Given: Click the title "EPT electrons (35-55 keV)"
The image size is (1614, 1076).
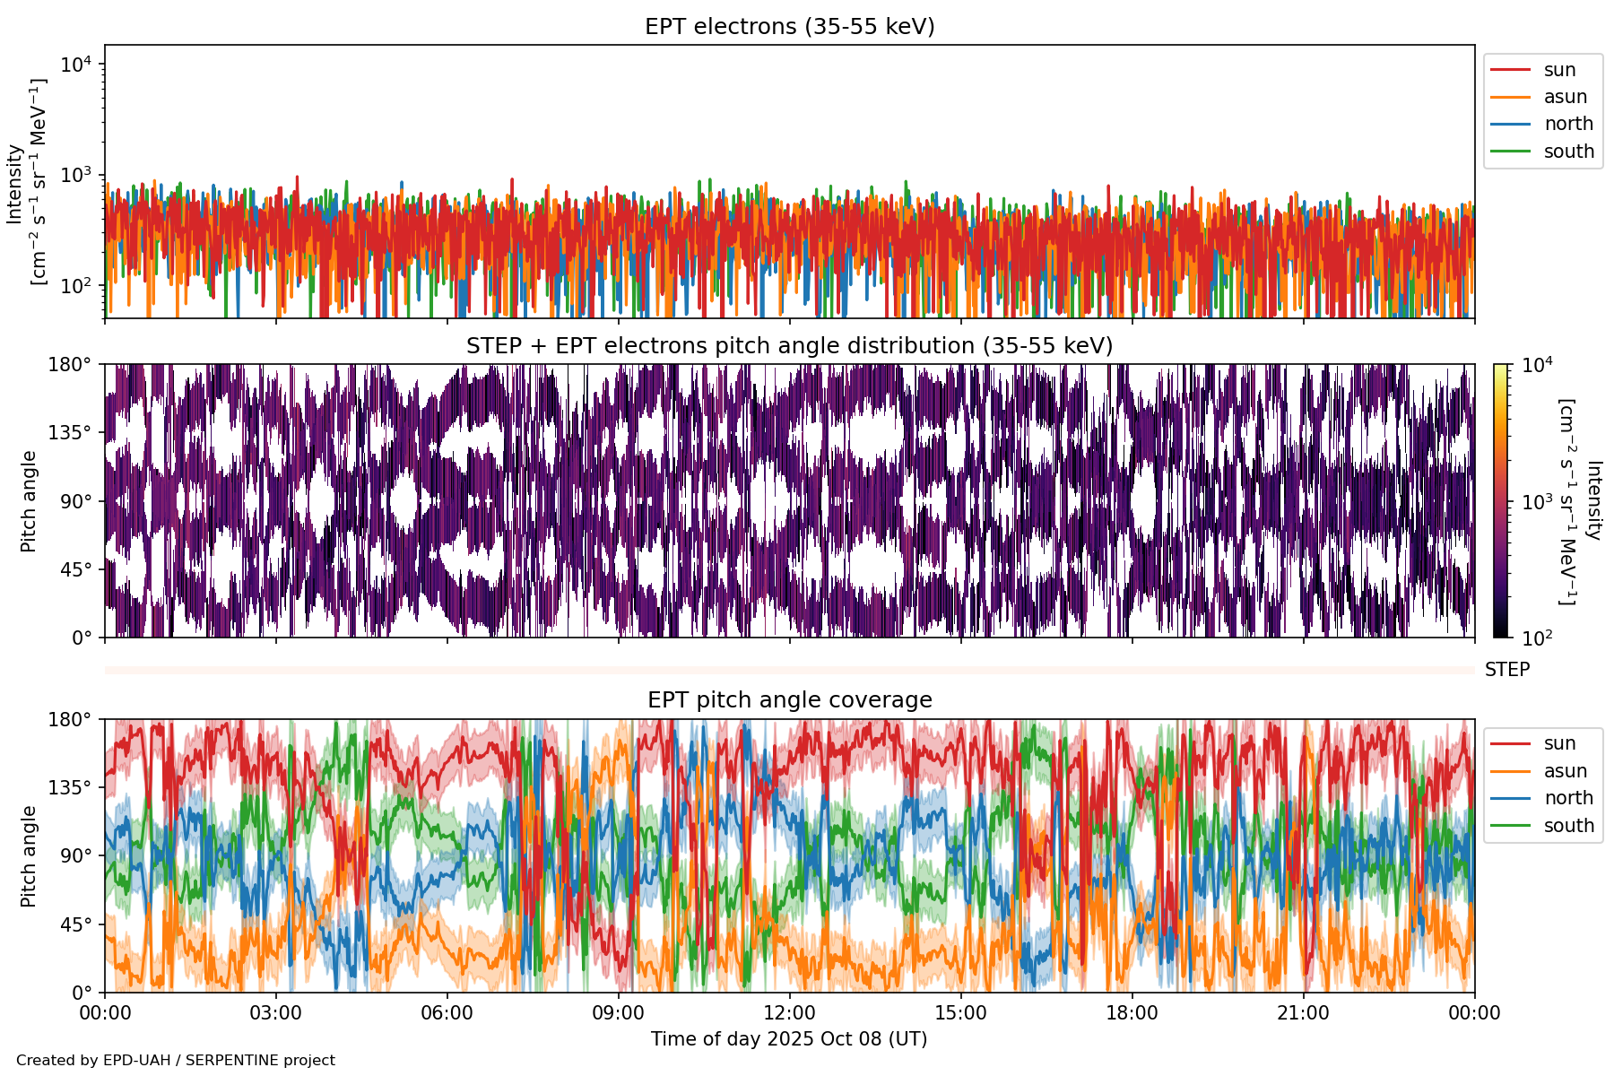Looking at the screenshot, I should [789, 27].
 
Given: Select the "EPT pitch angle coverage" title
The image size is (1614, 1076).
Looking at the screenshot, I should [789, 700].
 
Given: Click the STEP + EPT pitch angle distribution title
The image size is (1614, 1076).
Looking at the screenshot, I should [789, 346].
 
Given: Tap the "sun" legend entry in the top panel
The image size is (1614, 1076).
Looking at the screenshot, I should [1559, 70].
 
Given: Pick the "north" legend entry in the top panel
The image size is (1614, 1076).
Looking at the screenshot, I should [1568, 124].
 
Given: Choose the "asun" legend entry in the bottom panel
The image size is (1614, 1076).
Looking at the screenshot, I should [1565, 771].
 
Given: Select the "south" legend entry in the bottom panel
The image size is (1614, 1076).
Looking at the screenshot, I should [1568, 826].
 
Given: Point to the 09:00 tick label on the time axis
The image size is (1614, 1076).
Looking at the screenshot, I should [619, 1013].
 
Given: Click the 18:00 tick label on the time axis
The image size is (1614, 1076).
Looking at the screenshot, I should [1132, 1013].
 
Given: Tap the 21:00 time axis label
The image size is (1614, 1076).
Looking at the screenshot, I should [1303, 1013].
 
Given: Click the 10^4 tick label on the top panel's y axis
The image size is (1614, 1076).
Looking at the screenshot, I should [76, 65].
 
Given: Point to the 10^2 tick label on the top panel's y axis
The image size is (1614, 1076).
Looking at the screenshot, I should [76, 286].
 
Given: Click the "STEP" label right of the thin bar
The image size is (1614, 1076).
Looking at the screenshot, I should [1506, 670].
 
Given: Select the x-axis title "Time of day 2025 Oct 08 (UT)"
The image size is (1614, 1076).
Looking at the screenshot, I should [789, 1039].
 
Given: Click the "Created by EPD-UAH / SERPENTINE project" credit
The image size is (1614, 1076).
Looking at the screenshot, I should [176, 1061].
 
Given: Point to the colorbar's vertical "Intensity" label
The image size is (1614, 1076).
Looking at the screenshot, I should [1592, 500].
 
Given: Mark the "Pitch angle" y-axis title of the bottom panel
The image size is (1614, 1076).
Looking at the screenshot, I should [29, 856].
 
